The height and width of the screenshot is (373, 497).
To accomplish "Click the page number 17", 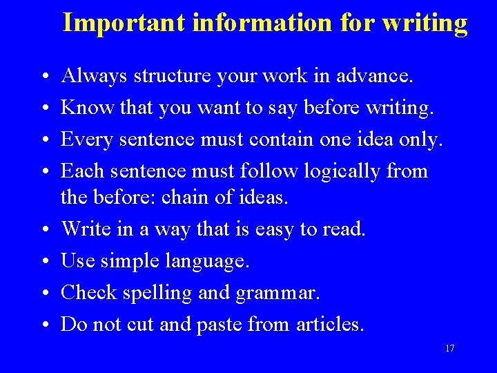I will [x=449, y=348].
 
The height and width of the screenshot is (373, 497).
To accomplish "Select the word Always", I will [x=94, y=76].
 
